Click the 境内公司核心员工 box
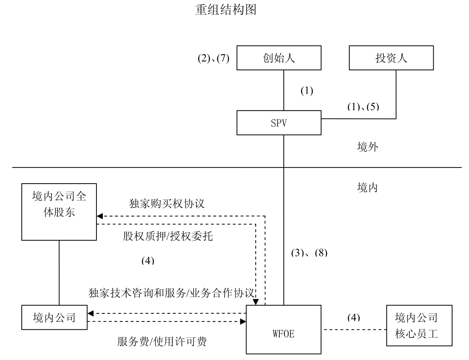click(x=416, y=325)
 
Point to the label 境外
click(x=367, y=147)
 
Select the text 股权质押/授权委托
click(x=168, y=236)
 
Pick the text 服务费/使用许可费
click(x=162, y=342)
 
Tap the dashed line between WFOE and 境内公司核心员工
click(x=354, y=329)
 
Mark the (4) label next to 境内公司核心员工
click(x=354, y=317)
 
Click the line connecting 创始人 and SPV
click(x=284, y=90)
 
